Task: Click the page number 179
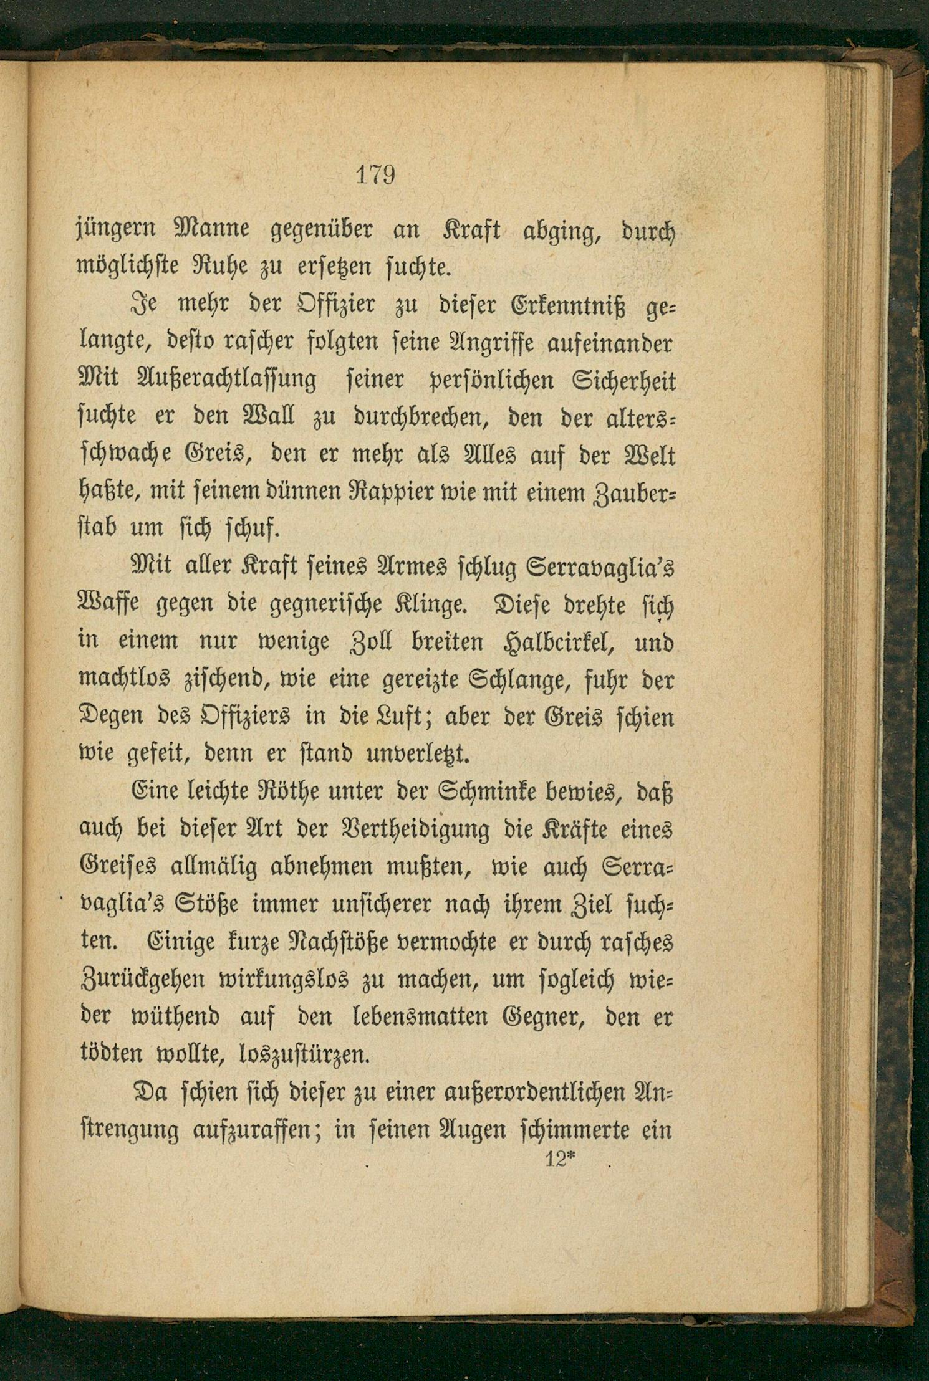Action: pos(376,175)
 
